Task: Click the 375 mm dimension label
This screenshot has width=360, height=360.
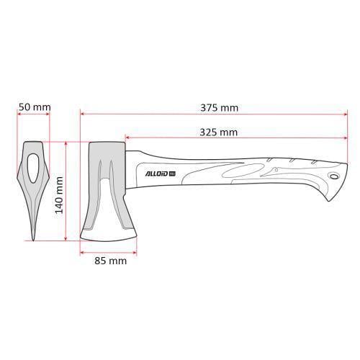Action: tap(219, 108)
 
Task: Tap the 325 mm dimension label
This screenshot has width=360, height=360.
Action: tap(219, 132)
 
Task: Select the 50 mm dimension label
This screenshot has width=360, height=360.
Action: tap(34, 107)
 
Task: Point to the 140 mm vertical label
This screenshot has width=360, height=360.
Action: tap(60, 194)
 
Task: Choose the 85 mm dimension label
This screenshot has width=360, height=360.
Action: tap(110, 261)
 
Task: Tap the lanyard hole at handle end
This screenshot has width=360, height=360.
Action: tap(334, 176)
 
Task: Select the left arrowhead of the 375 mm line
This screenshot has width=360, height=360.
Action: tap(82, 113)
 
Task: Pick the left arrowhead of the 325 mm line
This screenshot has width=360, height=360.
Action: tap(127, 137)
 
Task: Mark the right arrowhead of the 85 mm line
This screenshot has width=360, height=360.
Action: tap(135, 251)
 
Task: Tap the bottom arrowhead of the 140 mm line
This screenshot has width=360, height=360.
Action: tap(66, 238)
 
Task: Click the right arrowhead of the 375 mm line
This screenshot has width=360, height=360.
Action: tap(347, 113)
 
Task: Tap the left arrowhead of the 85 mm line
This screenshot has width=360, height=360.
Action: tap(82, 251)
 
